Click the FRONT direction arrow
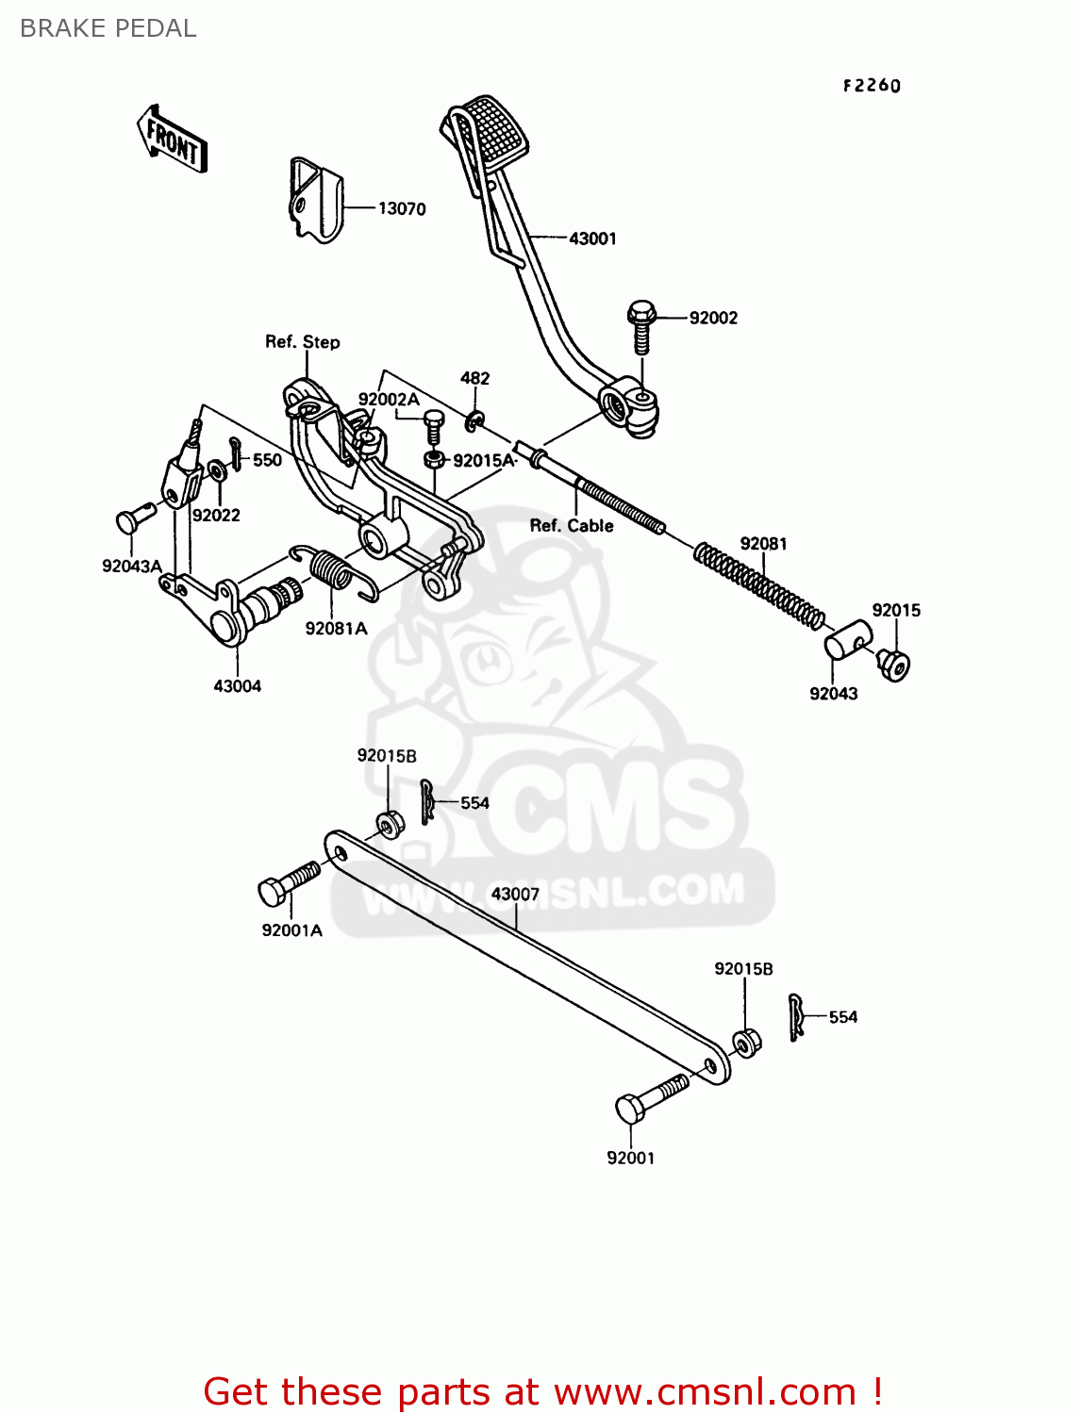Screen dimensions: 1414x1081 coord(173,139)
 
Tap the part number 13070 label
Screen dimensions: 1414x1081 coord(402,208)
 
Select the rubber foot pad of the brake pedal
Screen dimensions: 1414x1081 coord(491,131)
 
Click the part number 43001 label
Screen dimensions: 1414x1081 coord(592,238)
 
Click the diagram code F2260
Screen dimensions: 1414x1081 coord(872,86)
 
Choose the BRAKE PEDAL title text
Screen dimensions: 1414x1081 coord(108,28)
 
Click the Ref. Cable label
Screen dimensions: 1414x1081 coord(572,526)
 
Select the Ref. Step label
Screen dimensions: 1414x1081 coord(302,342)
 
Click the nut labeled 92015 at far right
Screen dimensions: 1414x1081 coord(892,663)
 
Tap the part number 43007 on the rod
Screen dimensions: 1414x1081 coord(515,894)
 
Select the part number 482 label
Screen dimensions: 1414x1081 coord(474,378)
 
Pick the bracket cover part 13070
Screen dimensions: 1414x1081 coord(315,200)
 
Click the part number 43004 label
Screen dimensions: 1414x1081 coord(237,686)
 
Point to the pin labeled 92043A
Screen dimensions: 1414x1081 coord(135,518)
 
